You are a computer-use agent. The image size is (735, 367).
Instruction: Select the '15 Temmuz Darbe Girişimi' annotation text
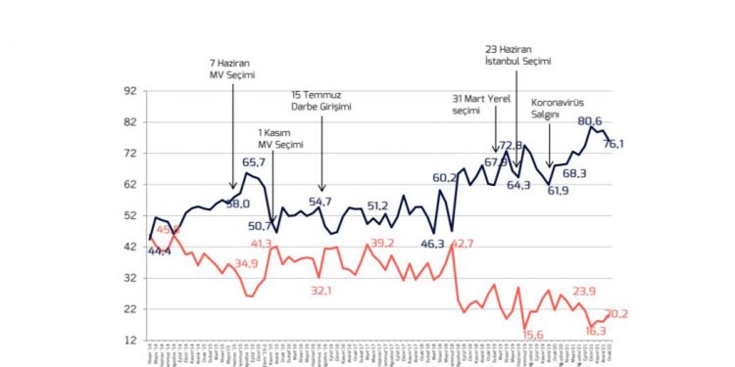[320, 101]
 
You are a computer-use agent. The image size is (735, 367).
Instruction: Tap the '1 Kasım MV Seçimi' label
[275, 138]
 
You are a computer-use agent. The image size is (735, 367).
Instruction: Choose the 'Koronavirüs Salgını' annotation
[558, 108]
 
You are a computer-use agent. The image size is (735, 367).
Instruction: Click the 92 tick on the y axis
[127, 90]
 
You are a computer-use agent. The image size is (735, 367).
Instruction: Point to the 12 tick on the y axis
[127, 340]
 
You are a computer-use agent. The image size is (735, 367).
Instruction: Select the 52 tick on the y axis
[127, 215]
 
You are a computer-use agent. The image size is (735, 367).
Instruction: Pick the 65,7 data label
[254, 162]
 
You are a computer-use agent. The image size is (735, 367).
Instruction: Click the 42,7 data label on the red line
[462, 243]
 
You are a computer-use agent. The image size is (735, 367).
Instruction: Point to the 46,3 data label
[433, 243]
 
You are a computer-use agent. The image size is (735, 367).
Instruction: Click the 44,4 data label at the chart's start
[159, 252]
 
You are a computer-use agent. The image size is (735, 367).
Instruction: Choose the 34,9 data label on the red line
[246, 262]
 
